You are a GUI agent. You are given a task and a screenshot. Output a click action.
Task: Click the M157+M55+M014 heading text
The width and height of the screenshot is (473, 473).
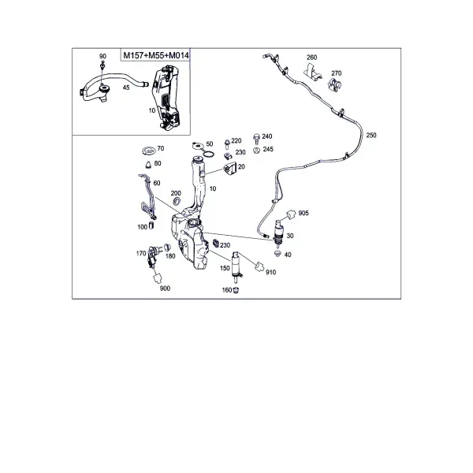click(156, 55)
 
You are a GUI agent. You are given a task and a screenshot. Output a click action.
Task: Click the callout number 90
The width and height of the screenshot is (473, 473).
click(102, 57)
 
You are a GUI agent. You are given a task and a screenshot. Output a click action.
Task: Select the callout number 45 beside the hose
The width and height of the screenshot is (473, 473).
click(126, 88)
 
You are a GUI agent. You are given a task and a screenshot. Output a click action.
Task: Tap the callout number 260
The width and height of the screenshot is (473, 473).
click(311, 58)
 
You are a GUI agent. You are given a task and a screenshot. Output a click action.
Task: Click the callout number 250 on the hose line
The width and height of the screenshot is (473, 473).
click(371, 135)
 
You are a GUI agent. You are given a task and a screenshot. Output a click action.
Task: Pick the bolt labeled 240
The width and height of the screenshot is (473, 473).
click(257, 139)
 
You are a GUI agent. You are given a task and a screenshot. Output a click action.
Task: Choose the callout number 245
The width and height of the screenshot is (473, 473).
click(268, 149)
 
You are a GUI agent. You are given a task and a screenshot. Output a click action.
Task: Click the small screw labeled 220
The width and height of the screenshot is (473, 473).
click(228, 144)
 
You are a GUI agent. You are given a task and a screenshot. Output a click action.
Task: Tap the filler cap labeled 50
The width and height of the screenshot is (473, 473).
click(198, 145)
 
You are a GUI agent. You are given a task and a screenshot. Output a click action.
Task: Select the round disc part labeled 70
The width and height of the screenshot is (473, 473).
click(148, 150)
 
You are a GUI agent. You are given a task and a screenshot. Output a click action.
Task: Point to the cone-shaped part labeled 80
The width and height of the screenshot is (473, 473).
click(148, 165)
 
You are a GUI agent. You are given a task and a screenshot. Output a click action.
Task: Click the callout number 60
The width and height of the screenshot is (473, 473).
click(157, 183)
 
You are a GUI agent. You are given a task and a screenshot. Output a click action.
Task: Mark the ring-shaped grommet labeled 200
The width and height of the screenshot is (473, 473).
click(176, 201)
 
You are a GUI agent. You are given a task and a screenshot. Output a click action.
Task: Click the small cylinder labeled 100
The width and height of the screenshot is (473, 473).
click(151, 225)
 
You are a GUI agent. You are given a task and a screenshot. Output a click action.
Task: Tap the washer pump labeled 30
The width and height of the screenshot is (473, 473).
click(277, 231)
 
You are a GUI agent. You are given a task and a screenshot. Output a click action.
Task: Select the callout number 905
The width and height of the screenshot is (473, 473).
click(304, 214)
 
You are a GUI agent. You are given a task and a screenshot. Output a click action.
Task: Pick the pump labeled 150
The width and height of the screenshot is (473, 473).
click(236, 266)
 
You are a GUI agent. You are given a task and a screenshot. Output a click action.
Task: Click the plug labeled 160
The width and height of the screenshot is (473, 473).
click(236, 290)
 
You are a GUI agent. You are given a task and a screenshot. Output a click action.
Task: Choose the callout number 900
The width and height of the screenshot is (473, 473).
click(165, 289)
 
